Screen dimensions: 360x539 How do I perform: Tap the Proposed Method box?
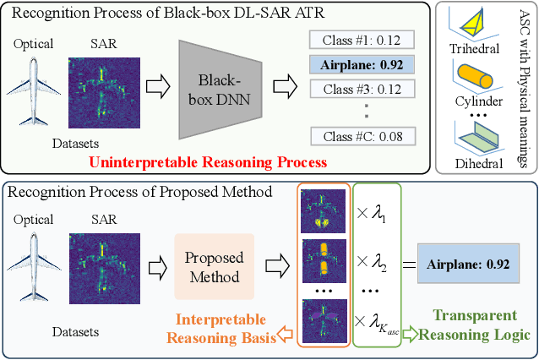(x=214, y=267)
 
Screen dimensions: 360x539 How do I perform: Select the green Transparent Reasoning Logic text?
(x=470, y=325)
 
